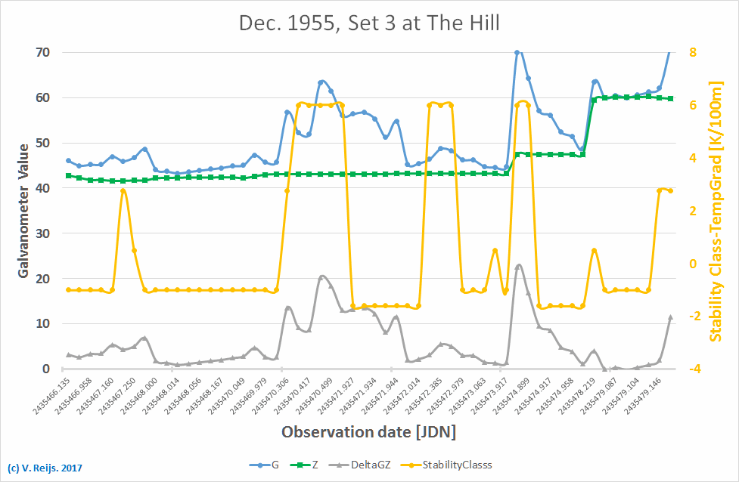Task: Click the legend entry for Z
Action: tap(315, 465)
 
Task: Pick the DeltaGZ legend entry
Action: tap(371, 465)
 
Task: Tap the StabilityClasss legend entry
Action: tap(451, 465)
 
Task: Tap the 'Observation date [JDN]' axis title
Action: tap(369, 433)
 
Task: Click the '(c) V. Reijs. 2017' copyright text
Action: tap(45, 468)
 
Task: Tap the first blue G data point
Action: tap(68, 160)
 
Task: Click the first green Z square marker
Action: tap(68, 175)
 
